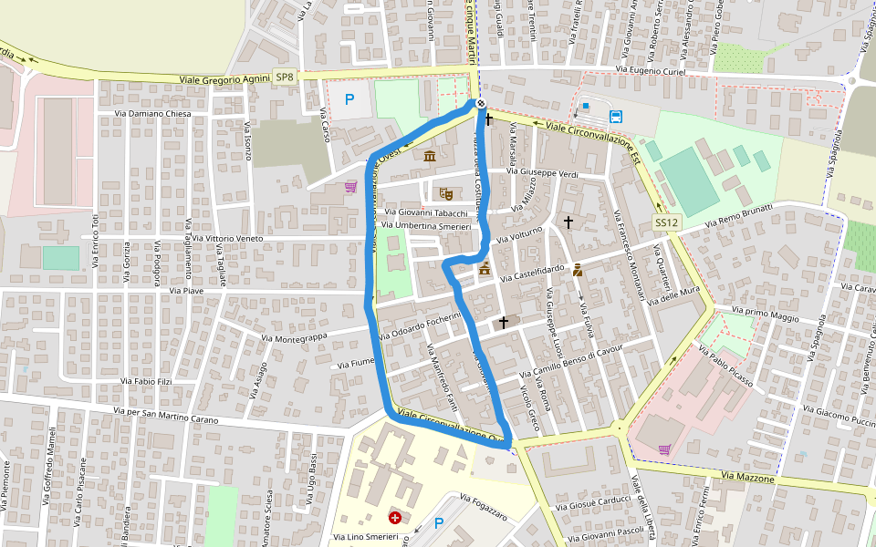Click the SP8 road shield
point(285,77)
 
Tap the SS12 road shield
point(667,222)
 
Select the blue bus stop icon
point(616,116)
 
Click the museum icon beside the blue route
point(430,157)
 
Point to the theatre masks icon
point(445,192)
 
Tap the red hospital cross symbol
point(394,518)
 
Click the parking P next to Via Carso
point(349,98)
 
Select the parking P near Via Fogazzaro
point(439,523)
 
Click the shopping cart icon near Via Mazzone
point(664,449)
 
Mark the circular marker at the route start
point(480,104)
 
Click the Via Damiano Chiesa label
point(152,114)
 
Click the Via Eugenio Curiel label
point(647,69)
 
